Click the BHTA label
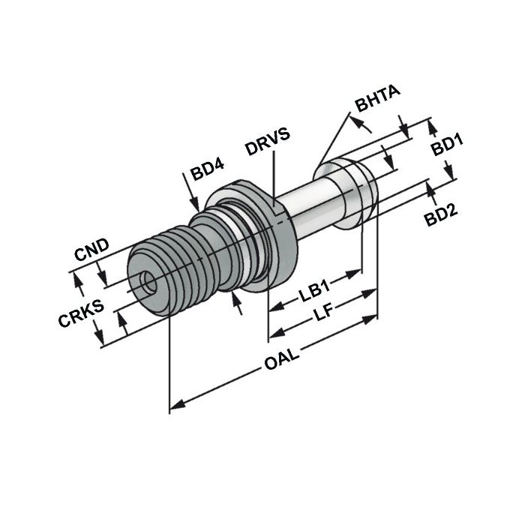point(378,101)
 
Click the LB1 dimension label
point(315,294)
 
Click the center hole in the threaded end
point(146,283)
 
